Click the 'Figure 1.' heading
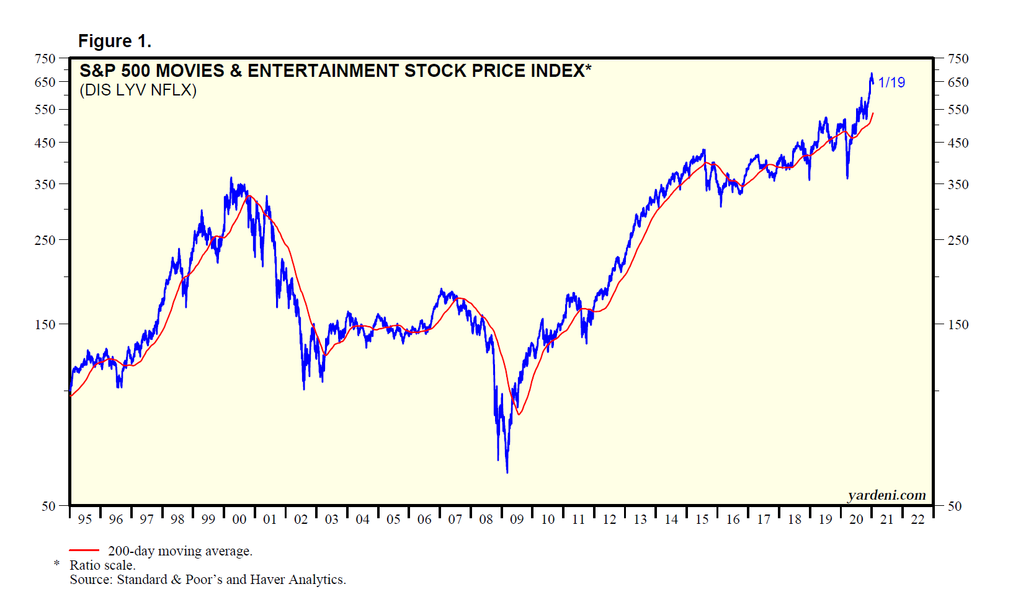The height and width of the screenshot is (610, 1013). [115, 41]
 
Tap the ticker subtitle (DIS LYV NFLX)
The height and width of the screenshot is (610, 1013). [138, 91]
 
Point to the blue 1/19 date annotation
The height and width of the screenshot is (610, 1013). [891, 82]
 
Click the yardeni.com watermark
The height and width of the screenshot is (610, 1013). [886, 495]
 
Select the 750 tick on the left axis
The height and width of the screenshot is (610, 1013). [45, 59]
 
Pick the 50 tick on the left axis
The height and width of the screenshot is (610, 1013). [48, 506]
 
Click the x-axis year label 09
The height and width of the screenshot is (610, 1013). [517, 519]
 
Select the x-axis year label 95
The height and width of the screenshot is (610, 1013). [85, 519]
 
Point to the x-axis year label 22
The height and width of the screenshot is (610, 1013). [917, 519]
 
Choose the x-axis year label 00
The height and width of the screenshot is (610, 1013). [239, 519]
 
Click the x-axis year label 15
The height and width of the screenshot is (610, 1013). [702, 519]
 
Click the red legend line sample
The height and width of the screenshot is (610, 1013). [84, 550]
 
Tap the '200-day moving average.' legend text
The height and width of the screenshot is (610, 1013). [180, 551]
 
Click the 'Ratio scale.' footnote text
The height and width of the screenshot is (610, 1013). [102, 565]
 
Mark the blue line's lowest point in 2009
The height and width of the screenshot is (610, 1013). [507, 472]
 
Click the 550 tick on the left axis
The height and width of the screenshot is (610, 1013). [45, 110]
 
